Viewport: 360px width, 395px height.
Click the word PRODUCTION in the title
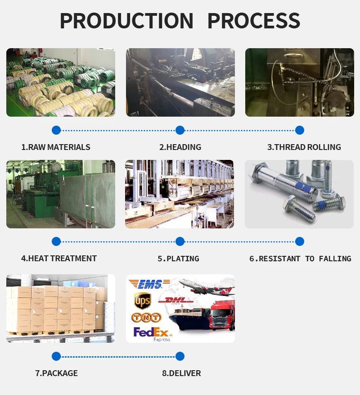pos(126,21)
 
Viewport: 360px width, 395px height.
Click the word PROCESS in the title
pos(253,21)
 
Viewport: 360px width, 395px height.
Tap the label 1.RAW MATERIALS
pos(56,147)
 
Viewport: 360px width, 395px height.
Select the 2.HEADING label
pos(180,147)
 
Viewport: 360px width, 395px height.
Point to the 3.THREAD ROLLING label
pos(304,147)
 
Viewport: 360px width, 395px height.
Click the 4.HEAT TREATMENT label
pos(59,259)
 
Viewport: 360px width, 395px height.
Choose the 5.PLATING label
pos(178,259)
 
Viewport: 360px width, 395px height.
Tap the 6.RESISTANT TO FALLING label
pos(300,259)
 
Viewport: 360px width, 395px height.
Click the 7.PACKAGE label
pos(56,373)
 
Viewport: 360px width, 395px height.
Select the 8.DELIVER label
pos(181,373)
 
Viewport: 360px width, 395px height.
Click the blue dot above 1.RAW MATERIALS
pos(56,130)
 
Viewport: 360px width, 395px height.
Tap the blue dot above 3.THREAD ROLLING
pos(300,130)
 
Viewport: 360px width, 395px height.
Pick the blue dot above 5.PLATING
pos(180,241)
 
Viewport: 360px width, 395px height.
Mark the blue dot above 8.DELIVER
pos(180,357)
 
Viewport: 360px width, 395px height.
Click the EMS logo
pos(149,284)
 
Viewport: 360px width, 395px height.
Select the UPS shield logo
pos(142,300)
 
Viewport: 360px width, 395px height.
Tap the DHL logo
pos(178,300)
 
